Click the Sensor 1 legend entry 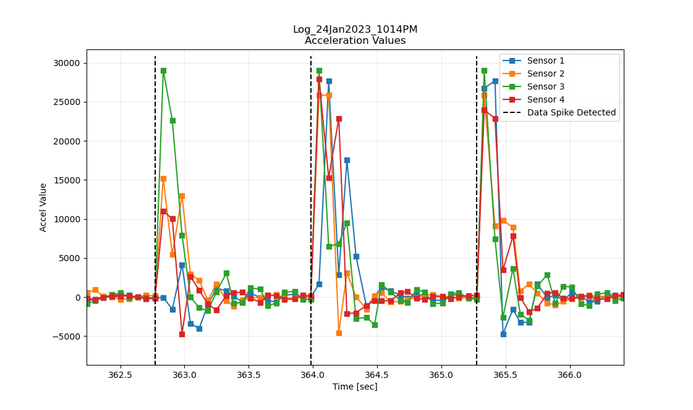click(x=545, y=61)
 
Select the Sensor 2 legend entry click(x=545, y=73)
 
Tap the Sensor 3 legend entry click(x=545, y=86)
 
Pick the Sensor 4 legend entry click(x=545, y=99)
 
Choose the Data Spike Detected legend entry click(x=571, y=112)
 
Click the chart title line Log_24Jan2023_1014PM click(x=355, y=30)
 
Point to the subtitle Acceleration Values click(x=355, y=41)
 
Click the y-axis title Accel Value click(x=43, y=207)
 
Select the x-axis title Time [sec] click(x=355, y=387)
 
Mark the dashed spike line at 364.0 click(x=311, y=185)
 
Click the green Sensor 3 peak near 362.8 click(x=163, y=70)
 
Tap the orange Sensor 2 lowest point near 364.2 click(x=339, y=333)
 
